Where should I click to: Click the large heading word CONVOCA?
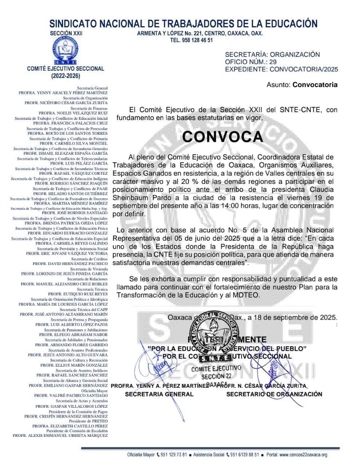click(222, 137)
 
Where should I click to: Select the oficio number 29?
click(273, 62)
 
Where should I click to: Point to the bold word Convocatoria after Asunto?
click(315, 85)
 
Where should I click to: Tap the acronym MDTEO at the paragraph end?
click(248, 295)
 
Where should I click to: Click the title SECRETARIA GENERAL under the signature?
click(159, 394)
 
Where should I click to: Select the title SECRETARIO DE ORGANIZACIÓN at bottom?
click(274, 394)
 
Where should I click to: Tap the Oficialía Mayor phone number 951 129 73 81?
click(174, 455)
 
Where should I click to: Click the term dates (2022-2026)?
click(66, 76)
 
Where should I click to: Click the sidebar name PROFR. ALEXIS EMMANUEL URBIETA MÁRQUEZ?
click(60, 435)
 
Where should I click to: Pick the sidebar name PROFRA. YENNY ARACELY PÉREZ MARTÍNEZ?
click(63, 93)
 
